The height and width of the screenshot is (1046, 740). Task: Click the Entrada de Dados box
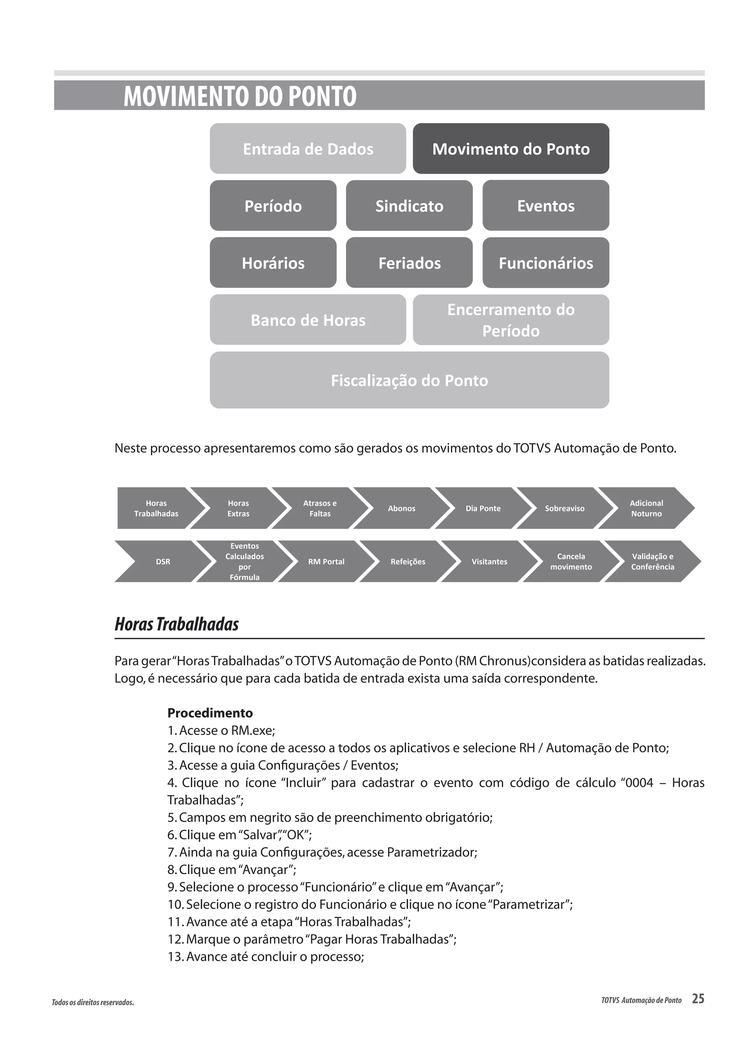click(x=307, y=148)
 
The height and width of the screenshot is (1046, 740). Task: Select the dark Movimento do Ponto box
click(x=511, y=148)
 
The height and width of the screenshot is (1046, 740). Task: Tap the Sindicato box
click(x=409, y=206)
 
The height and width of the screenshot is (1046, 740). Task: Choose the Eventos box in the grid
click(x=546, y=206)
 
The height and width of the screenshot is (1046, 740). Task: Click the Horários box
click(x=273, y=263)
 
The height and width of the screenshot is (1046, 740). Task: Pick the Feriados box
click(x=409, y=263)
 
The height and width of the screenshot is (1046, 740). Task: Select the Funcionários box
click(x=546, y=263)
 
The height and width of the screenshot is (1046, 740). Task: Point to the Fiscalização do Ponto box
click(x=409, y=380)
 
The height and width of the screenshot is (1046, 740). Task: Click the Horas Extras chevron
click(x=238, y=508)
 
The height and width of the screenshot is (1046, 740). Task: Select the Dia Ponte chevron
click(x=483, y=508)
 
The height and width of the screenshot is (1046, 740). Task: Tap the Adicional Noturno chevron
click(x=646, y=508)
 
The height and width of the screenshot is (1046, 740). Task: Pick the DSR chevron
click(x=163, y=561)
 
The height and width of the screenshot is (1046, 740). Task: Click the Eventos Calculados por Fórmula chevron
click(x=245, y=561)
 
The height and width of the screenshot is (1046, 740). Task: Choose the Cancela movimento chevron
click(x=571, y=561)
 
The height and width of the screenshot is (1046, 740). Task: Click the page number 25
click(x=698, y=999)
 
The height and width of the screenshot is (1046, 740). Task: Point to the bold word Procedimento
click(x=210, y=713)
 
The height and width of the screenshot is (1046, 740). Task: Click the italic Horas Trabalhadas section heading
click(x=177, y=624)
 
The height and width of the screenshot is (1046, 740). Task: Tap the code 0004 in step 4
click(x=640, y=783)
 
